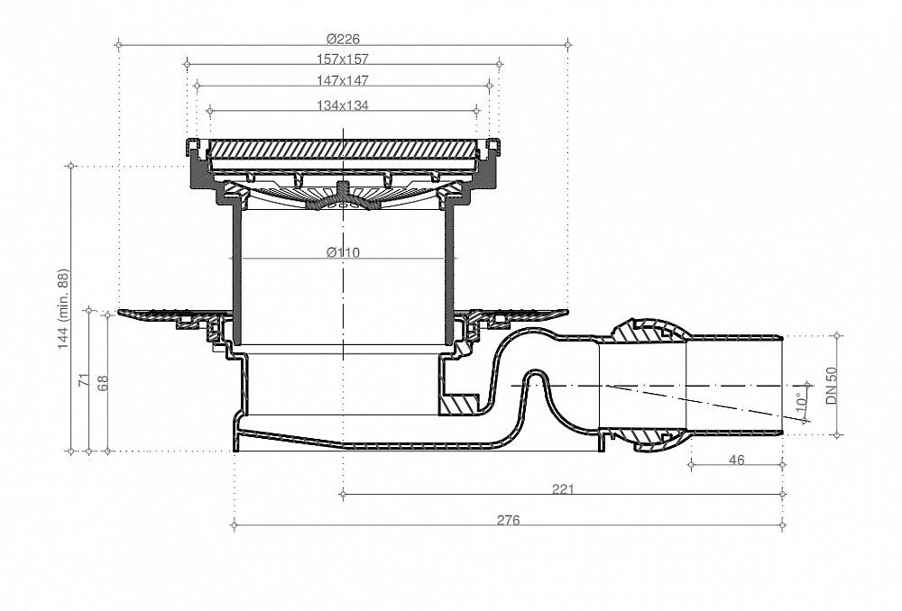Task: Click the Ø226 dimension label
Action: pyautogui.click(x=343, y=39)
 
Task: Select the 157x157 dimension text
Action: pyautogui.click(x=342, y=59)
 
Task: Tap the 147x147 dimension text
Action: pyautogui.click(x=342, y=80)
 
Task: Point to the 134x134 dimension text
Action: pyautogui.click(x=342, y=105)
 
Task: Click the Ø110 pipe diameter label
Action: pyautogui.click(x=343, y=251)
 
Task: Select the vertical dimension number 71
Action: pyautogui.click(x=84, y=379)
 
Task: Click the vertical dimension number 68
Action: pyautogui.click(x=103, y=383)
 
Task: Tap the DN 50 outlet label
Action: pyautogui.click(x=832, y=386)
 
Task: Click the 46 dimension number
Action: pyautogui.click(x=736, y=460)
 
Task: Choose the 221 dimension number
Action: pyautogui.click(x=563, y=489)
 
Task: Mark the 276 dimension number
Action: pyautogui.click(x=508, y=520)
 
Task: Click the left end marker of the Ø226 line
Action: pyautogui.click(x=118, y=44)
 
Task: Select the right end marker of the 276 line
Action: pyautogui.click(x=783, y=524)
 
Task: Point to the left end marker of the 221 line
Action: pyautogui.click(x=343, y=493)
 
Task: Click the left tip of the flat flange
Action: pyautogui.click(x=118, y=312)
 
